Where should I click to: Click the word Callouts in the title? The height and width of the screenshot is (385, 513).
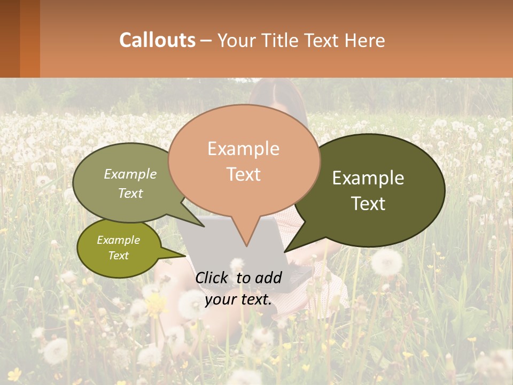click(157, 40)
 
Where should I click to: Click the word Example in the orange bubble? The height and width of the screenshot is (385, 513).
click(243, 149)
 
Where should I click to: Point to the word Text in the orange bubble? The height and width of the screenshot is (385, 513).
click(243, 174)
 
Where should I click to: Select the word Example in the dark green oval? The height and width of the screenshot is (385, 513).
click(368, 178)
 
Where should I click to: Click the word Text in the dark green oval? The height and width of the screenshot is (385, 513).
click(368, 204)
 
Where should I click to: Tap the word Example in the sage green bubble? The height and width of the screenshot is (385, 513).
click(130, 174)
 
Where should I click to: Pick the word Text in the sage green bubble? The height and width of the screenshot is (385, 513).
click(130, 193)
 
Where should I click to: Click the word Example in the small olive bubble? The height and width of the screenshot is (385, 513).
click(118, 240)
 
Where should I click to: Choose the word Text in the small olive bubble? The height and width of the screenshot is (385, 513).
click(118, 256)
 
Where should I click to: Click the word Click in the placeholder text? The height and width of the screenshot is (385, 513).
click(213, 278)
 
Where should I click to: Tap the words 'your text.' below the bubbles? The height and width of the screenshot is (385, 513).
click(238, 299)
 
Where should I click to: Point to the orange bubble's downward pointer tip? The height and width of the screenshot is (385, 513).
click(246, 246)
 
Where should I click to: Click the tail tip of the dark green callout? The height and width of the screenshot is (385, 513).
click(285, 251)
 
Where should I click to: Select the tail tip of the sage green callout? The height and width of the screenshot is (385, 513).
click(204, 226)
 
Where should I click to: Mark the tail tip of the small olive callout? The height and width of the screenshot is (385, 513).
click(186, 256)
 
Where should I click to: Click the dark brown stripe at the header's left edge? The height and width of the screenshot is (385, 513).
click(10, 38)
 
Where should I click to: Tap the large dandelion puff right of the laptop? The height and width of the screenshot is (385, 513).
click(386, 261)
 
